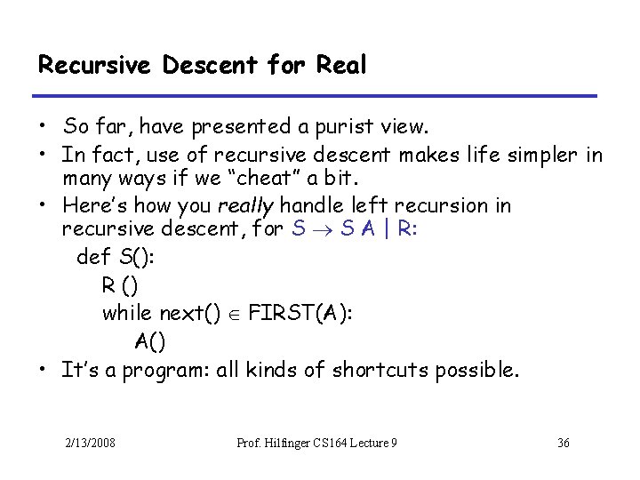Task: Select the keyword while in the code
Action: [x=126, y=312]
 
